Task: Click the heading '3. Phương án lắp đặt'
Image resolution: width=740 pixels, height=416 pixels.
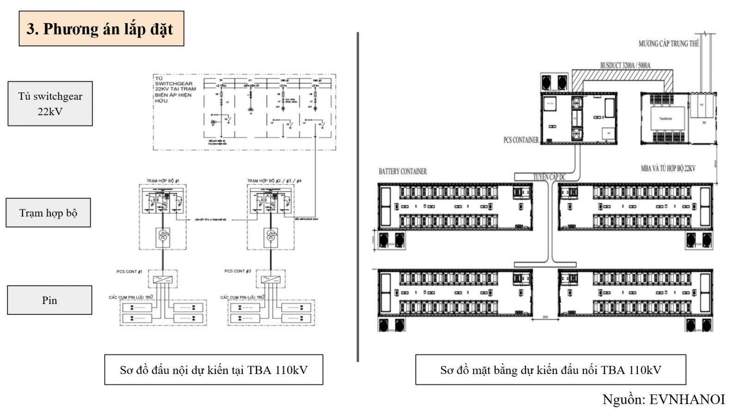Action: click(101, 29)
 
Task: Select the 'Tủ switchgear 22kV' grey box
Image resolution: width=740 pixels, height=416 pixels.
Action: click(50, 104)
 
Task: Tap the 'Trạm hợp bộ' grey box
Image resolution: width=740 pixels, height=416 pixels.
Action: click(48, 213)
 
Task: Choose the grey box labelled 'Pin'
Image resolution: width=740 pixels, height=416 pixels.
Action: click(49, 300)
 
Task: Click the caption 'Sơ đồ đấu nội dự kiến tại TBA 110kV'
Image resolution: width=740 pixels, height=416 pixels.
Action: click(213, 370)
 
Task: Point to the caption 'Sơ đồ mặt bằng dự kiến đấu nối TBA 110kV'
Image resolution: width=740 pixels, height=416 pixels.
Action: click(550, 370)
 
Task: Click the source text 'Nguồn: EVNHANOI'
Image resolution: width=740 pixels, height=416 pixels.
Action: click(663, 399)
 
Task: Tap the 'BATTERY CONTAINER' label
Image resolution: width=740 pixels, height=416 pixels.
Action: click(402, 171)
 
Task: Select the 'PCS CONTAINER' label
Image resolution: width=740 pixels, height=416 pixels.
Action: click(521, 140)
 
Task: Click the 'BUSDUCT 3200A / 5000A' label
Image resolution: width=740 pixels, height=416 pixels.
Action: click(625, 66)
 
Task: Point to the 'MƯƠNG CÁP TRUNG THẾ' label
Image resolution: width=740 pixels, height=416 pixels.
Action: click(668, 44)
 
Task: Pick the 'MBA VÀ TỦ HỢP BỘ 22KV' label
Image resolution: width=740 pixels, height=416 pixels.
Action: click(668, 169)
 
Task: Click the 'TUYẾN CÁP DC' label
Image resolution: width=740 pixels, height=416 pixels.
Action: click(549, 177)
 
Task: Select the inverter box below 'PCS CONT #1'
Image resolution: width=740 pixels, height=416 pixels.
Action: click(162, 279)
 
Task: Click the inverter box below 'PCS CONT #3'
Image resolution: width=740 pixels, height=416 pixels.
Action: click(271, 279)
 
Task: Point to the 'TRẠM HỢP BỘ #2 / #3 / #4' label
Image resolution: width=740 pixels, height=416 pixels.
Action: click(274, 181)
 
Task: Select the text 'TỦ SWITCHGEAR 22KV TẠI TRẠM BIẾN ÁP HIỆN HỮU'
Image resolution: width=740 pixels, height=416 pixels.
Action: click(175, 89)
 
